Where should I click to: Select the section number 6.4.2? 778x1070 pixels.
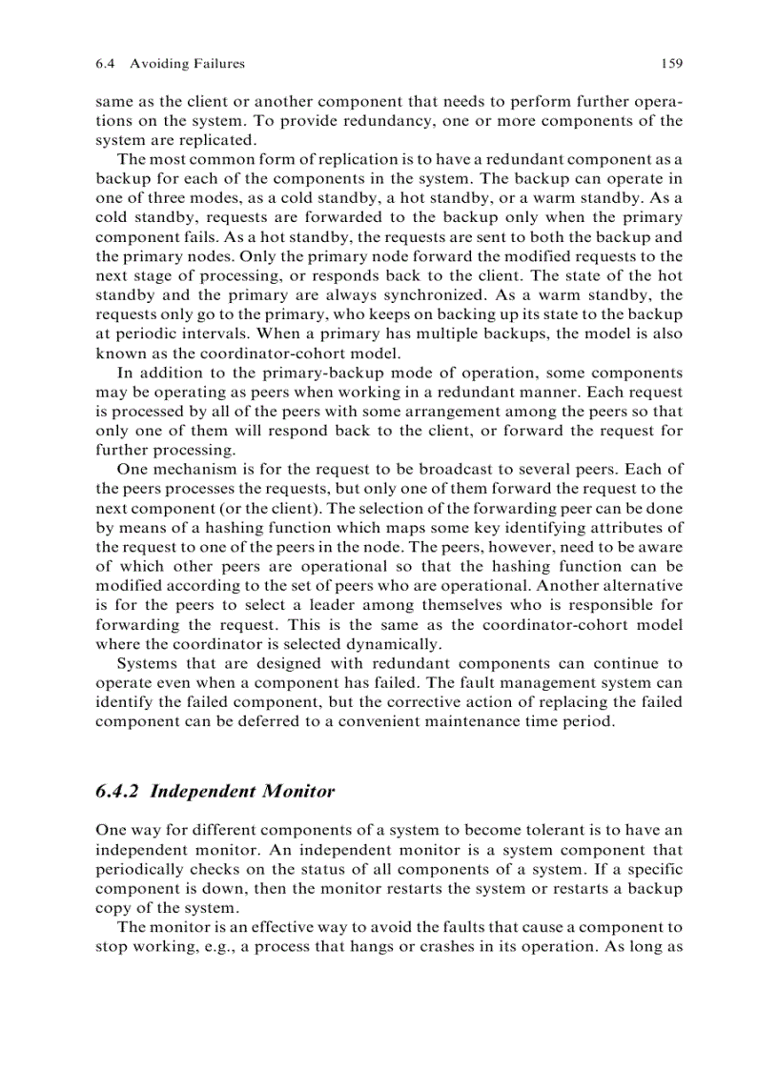120,791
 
